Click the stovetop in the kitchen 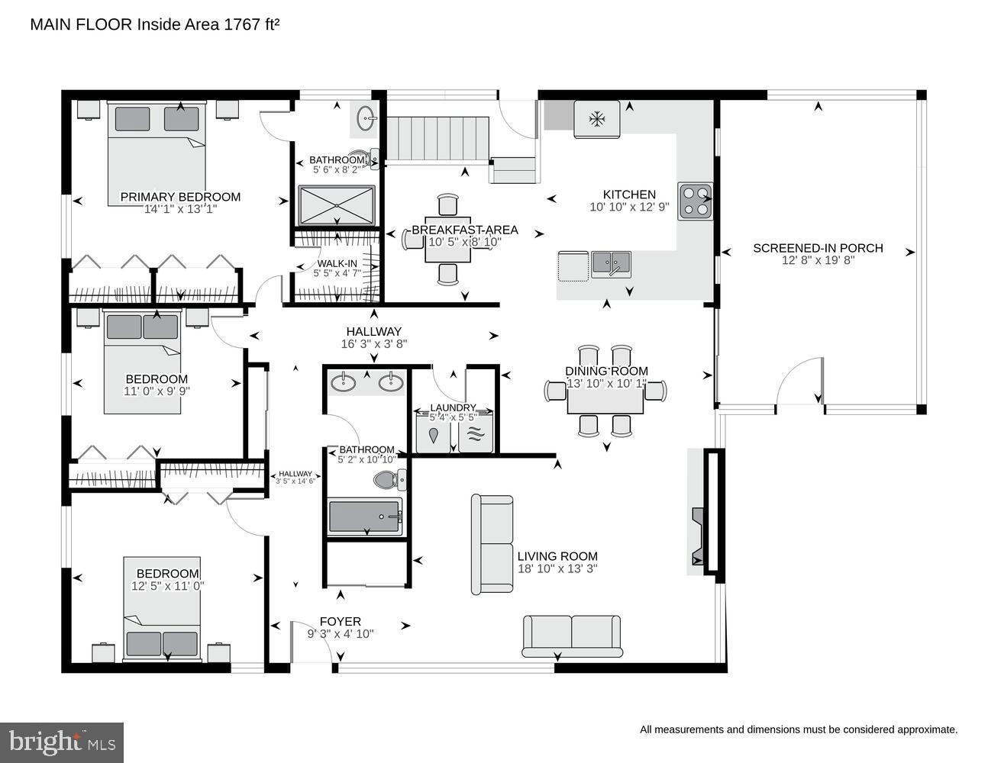695,201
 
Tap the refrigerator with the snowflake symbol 596,119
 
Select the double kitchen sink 611,265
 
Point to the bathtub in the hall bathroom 365,517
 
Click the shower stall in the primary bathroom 337,205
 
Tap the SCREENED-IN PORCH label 818,248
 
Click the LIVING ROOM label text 557,556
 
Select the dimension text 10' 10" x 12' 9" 629,207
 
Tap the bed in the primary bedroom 157,153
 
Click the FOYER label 340,621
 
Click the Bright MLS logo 62,742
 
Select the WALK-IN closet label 337,263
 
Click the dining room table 605,394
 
